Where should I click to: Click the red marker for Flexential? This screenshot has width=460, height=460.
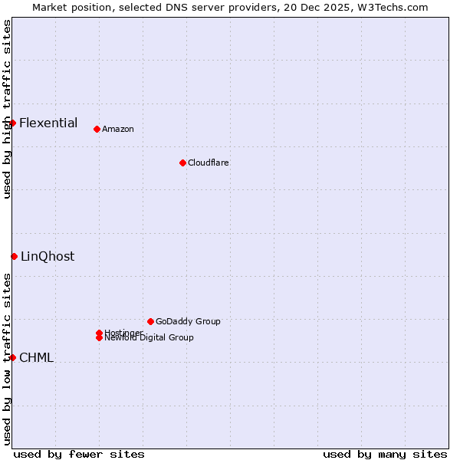(x=12, y=123)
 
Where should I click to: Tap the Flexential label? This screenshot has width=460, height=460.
(x=48, y=123)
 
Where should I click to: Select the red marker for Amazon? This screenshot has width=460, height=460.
(x=97, y=129)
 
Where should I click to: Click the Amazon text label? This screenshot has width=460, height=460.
(x=117, y=130)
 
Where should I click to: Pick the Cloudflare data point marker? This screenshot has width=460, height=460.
(x=182, y=163)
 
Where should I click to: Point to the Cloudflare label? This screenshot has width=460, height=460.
(x=208, y=163)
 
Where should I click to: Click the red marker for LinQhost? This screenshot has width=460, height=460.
(x=14, y=256)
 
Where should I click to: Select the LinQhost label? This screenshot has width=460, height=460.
(x=48, y=257)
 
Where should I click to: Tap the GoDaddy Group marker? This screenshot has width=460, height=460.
(x=150, y=321)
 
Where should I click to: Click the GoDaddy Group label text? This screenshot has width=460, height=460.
(x=188, y=322)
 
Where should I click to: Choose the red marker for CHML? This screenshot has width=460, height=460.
(x=12, y=357)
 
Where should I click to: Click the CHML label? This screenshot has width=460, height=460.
(x=36, y=358)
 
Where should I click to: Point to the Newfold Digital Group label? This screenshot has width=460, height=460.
(x=149, y=338)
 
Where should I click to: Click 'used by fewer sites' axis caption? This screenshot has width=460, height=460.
(x=79, y=454)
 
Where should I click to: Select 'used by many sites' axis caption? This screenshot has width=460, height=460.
(x=385, y=454)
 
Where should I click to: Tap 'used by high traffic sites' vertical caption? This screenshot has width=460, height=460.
(x=7, y=109)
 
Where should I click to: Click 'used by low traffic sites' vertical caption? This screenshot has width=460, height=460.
(x=7, y=358)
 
